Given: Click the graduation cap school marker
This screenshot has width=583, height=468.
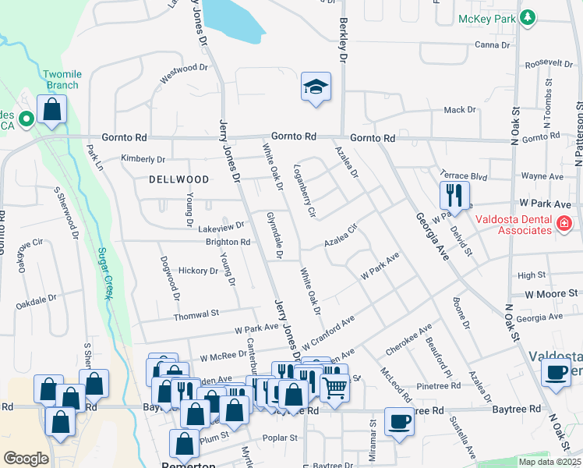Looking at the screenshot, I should (x=316, y=87).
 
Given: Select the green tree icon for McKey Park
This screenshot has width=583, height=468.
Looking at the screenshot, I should (x=528, y=16).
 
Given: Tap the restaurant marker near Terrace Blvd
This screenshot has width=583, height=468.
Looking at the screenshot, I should (x=454, y=195).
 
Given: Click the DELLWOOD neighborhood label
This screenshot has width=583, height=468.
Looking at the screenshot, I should (x=179, y=179).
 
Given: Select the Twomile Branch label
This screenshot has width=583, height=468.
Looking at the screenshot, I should (x=61, y=80).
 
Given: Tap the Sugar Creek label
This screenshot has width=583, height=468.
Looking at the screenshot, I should (x=101, y=272).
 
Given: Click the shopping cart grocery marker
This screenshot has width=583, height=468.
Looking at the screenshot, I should (x=334, y=387).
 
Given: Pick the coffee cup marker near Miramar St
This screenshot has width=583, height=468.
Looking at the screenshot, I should (x=399, y=422).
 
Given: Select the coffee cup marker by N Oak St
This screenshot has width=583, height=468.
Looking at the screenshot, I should (x=556, y=372).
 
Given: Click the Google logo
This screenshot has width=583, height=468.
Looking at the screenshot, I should (x=26, y=459).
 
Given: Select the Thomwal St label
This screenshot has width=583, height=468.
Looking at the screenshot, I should (x=196, y=314).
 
